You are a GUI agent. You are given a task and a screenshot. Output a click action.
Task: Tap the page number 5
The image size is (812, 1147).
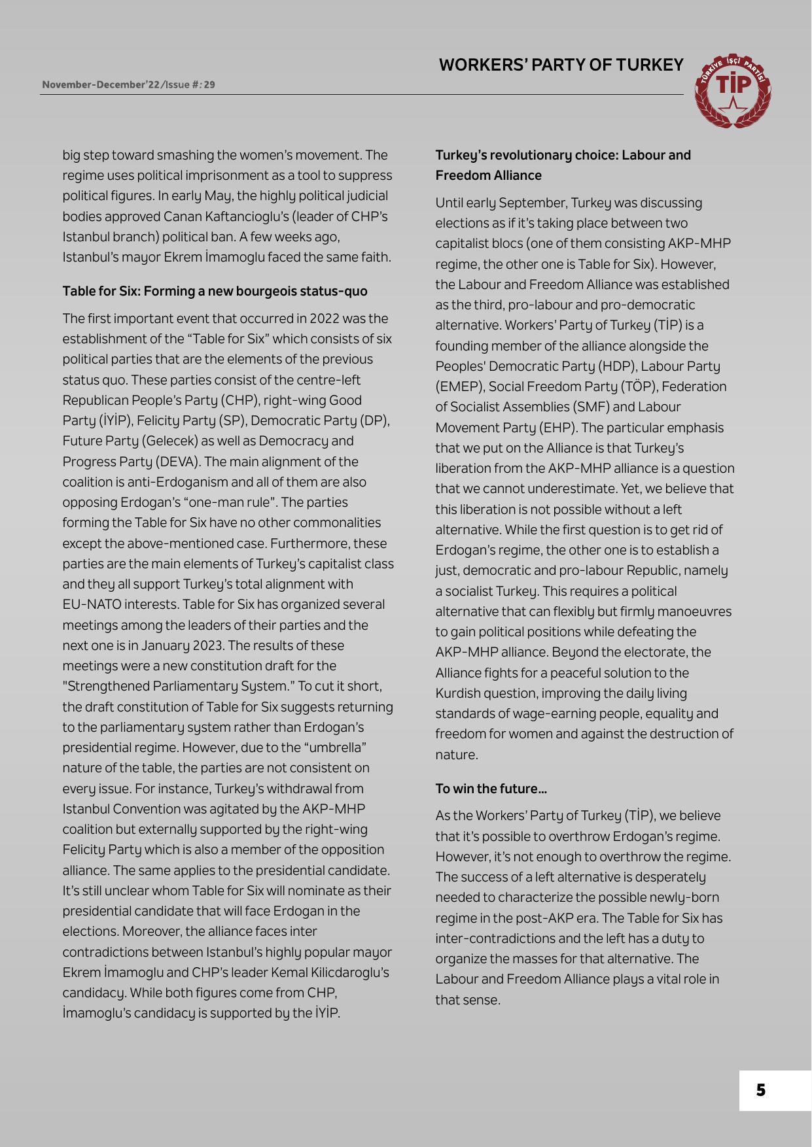coord(760,1090)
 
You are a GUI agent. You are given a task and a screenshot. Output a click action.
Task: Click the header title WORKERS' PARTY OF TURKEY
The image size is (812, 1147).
coord(561,65)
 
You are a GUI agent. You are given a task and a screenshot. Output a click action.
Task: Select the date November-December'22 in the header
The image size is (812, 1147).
coord(101,85)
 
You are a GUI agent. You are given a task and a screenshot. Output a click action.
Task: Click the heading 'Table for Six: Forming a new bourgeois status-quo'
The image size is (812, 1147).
coord(215,291)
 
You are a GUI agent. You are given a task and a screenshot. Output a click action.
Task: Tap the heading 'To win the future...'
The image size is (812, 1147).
coord(491,789)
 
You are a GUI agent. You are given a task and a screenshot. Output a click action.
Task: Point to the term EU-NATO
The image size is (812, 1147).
coord(98,604)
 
